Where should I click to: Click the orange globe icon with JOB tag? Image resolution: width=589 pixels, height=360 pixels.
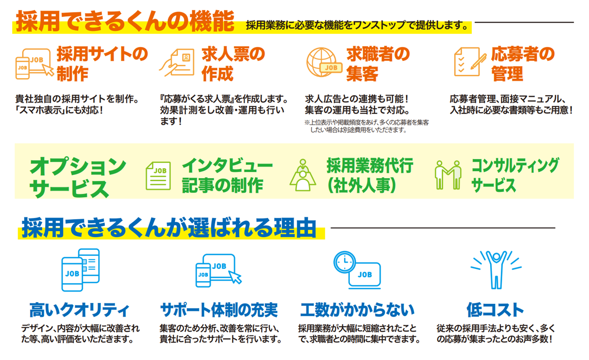pyautogui.click(x=324, y=62)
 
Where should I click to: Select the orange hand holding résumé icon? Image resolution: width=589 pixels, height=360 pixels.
pyautogui.click(x=177, y=62)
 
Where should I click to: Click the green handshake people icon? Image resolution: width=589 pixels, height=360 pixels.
pyautogui.click(x=448, y=175)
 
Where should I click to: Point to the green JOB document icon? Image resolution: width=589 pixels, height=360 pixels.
pyautogui.click(x=158, y=176)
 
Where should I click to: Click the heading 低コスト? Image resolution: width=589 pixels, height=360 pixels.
pyautogui.click(x=495, y=310)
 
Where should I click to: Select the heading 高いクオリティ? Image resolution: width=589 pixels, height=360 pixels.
pyautogui.click(x=79, y=310)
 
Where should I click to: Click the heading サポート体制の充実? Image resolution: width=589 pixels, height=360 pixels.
pyautogui.click(x=219, y=310)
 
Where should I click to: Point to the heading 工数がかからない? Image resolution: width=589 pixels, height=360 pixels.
pyautogui.click(x=357, y=310)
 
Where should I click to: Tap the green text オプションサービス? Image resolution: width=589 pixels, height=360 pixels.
pyautogui.click(x=78, y=177)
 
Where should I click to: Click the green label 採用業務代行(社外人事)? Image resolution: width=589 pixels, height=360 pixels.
pyautogui.click(x=370, y=175)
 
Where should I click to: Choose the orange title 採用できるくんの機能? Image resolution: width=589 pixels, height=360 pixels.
pyautogui.click(x=125, y=21)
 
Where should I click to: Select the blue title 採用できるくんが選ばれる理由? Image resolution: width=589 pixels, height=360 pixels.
pyautogui.click(x=169, y=227)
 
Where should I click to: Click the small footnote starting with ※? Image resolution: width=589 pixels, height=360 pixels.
pyautogui.click(x=366, y=126)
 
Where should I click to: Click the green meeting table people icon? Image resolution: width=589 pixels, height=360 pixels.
pyautogui.click(x=303, y=175)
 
